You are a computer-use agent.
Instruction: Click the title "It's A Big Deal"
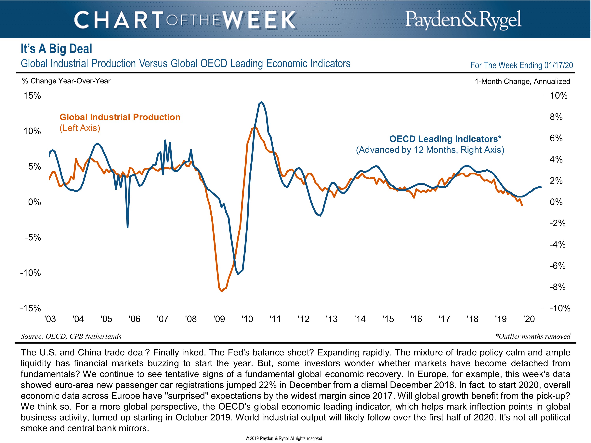tap(56, 49)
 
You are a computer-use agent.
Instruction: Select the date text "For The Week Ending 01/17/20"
tap(521, 65)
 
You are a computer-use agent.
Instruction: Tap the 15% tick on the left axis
tap(32, 96)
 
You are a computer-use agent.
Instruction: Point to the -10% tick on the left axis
tap(31, 273)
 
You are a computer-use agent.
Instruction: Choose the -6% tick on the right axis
tap(558, 266)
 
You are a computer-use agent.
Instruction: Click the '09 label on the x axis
tap(219, 319)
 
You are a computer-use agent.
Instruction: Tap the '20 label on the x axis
tap(529, 319)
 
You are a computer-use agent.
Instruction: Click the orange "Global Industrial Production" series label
tap(120, 117)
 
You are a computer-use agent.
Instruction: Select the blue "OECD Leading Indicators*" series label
tap(445, 139)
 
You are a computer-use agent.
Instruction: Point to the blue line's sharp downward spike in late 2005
tap(127, 227)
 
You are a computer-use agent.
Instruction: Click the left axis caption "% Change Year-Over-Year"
tap(66, 81)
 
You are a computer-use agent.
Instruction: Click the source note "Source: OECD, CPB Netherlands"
tap(71, 336)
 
